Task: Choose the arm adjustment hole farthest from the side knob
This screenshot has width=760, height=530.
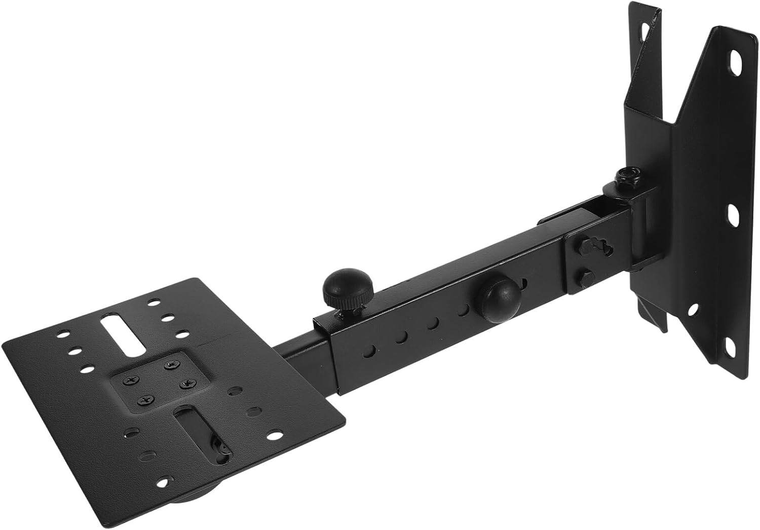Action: (x=372, y=350)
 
